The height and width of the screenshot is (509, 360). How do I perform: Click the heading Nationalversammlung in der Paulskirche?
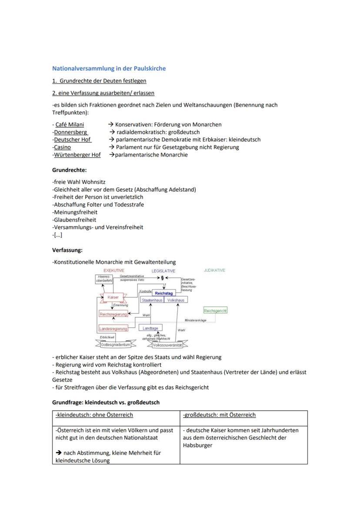[x=109, y=68]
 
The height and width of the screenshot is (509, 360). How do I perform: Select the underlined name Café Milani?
[x=70, y=125]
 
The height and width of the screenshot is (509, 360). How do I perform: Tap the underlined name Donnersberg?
[x=70, y=132]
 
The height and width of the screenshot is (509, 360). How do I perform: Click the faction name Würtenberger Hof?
[x=77, y=155]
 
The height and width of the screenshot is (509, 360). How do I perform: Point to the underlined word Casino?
[x=62, y=147]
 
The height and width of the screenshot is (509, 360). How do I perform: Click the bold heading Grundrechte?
[x=70, y=170]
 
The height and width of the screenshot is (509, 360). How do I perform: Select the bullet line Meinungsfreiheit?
[x=75, y=212]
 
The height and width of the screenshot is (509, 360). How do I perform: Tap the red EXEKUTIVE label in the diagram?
[x=114, y=270]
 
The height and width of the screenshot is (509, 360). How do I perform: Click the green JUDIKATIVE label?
[x=214, y=270]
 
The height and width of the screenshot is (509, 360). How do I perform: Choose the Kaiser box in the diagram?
[x=113, y=297]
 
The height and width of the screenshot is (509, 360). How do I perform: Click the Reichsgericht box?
[x=215, y=311]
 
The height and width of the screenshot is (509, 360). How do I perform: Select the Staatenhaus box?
[x=152, y=300]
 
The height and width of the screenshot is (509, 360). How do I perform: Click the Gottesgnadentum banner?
[x=115, y=344]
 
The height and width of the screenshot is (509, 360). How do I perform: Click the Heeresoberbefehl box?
[x=104, y=279]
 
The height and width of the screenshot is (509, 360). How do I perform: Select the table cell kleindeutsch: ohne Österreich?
[x=94, y=415]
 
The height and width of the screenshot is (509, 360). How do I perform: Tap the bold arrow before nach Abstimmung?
[x=58, y=452]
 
